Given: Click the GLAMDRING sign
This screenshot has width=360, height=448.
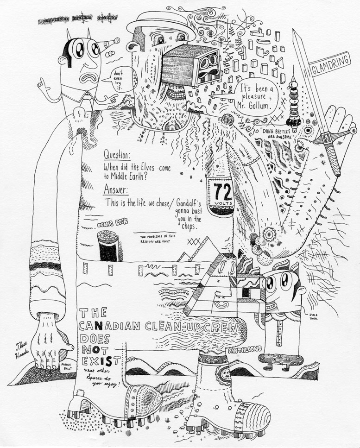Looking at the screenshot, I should (x=331, y=65).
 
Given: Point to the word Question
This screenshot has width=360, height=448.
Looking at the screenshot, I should (x=117, y=154).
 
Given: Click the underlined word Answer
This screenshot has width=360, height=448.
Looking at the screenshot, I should (x=116, y=189).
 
